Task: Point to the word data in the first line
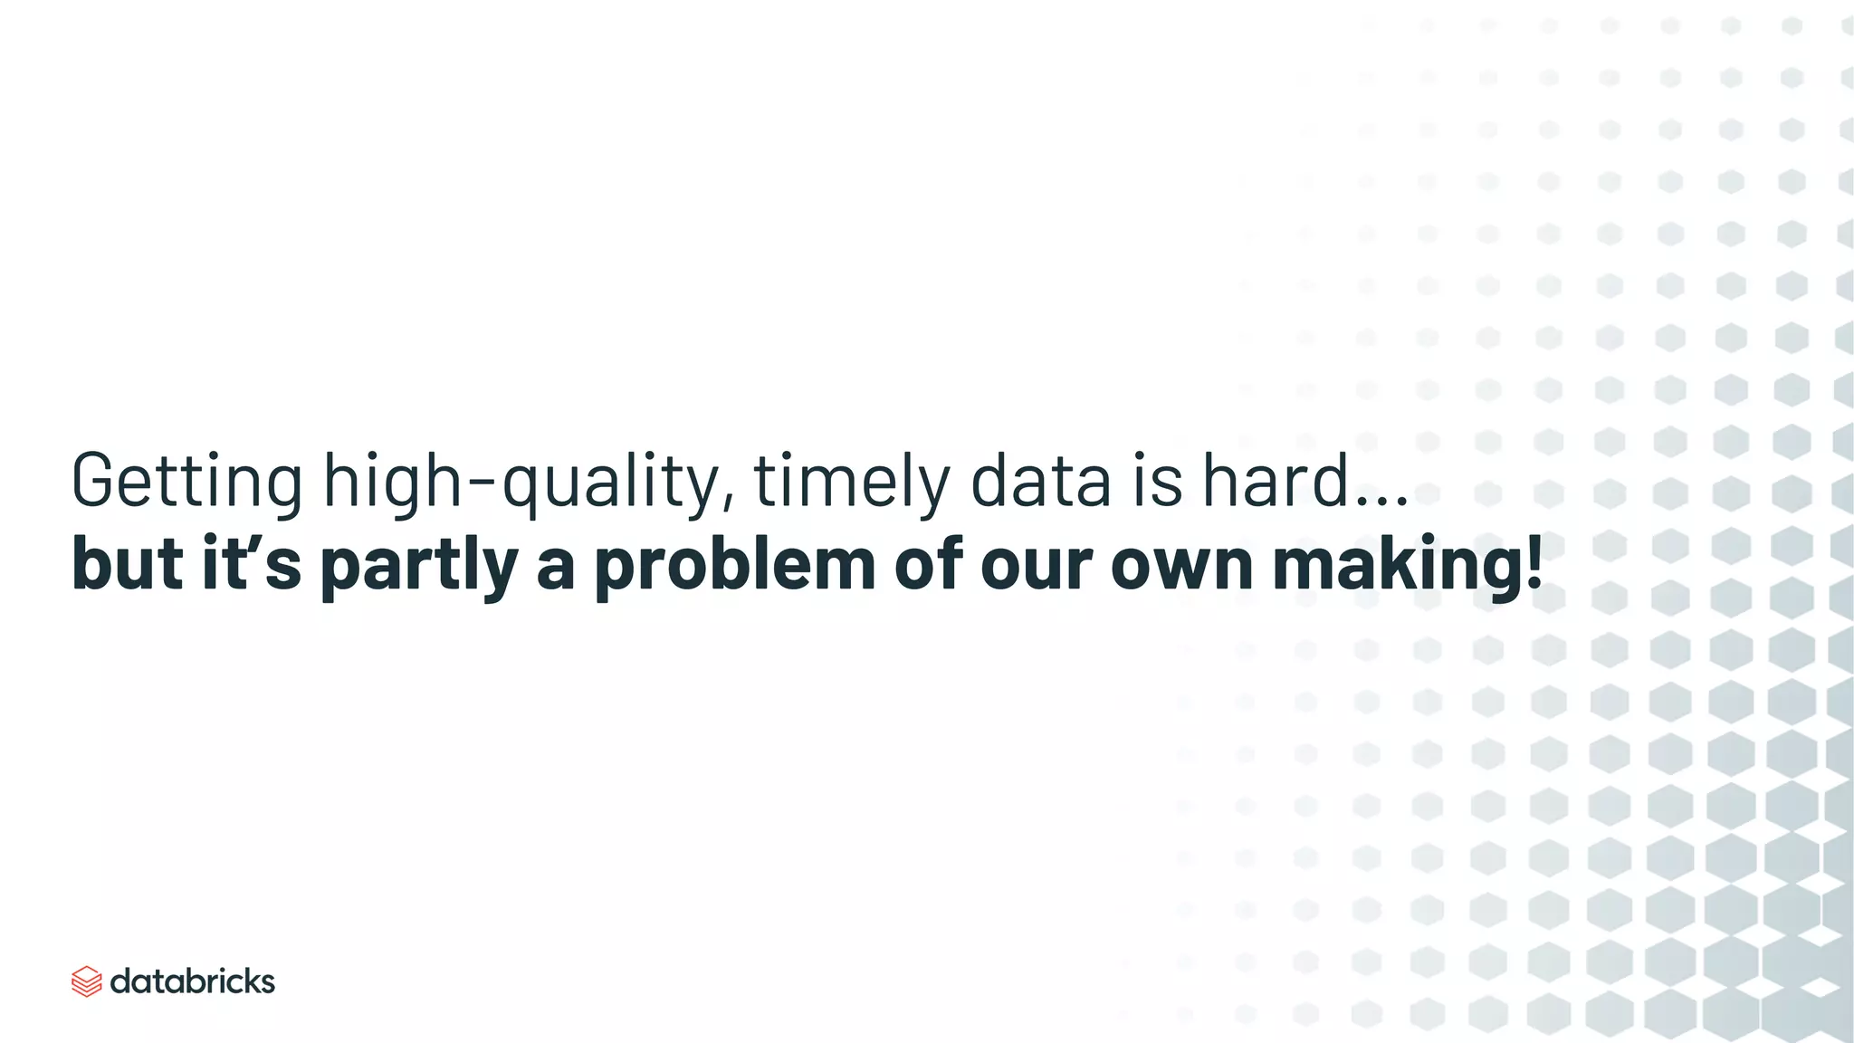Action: pos(1040,480)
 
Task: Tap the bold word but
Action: pos(127,563)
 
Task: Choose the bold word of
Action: pos(927,563)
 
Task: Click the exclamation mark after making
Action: pos(1534,563)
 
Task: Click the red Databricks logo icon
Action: pos(86,981)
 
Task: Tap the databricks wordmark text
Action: pos(192,981)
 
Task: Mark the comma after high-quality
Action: pos(730,501)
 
